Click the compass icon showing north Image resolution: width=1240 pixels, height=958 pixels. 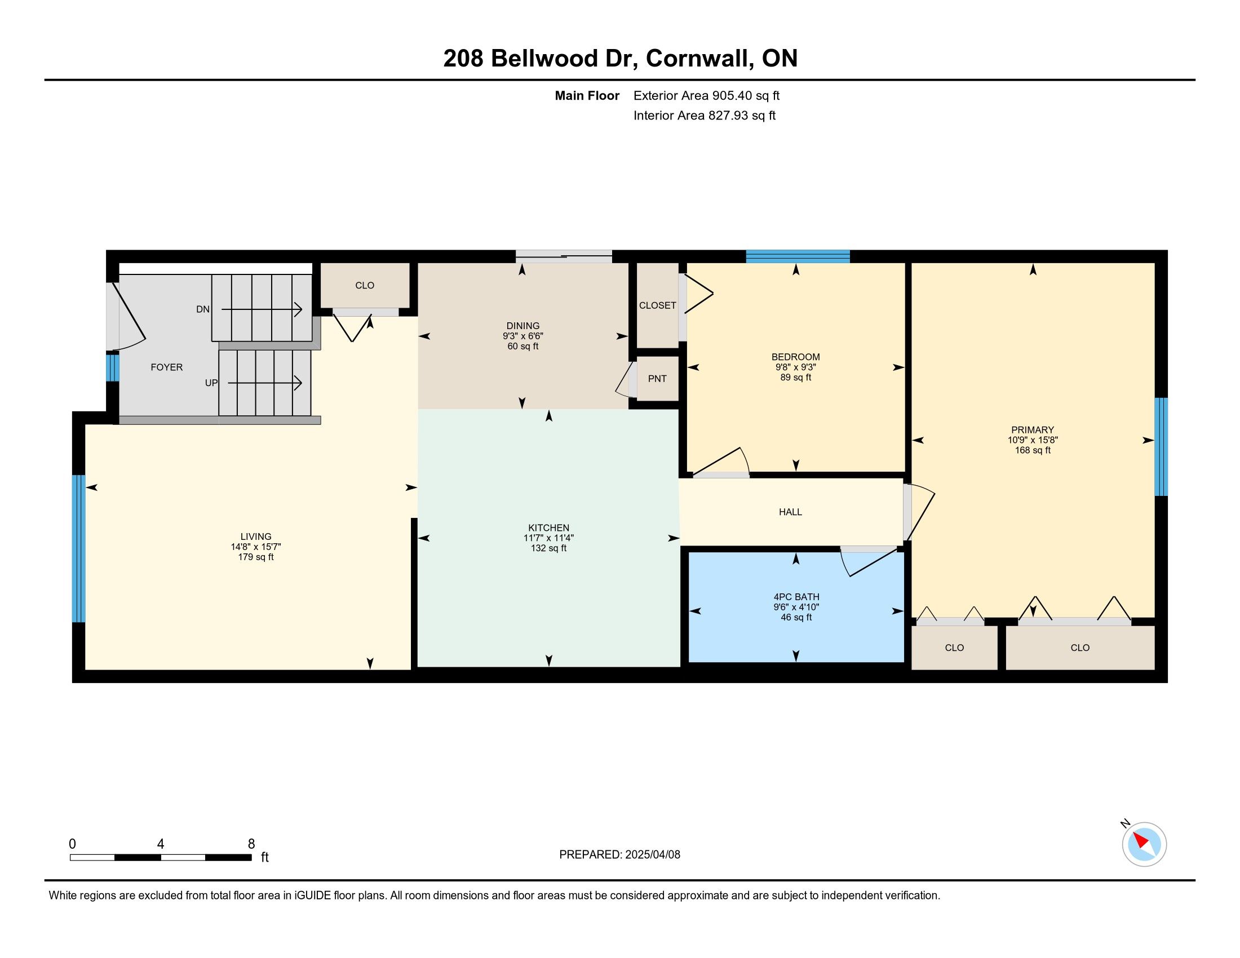coord(1144,844)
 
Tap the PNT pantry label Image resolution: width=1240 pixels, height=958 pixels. coord(657,379)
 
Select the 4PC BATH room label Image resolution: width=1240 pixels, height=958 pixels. coord(796,597)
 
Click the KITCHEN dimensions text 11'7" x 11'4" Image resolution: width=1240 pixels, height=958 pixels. coord(548,538)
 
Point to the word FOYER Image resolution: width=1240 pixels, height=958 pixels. coord(166,367)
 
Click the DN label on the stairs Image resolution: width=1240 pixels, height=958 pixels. coord(203,309)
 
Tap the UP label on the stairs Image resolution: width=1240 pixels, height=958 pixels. coord(211,383)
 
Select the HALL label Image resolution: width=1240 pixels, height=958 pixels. coord(790,512)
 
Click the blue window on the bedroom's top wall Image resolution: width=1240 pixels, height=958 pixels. coord(798,256)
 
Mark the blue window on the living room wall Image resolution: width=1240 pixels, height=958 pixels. coord(79,549)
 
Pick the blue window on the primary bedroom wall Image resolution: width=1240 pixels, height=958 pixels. coord(1161,447)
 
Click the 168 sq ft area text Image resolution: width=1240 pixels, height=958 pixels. coord(1033,450)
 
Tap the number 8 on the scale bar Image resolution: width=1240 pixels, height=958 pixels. coord(251,844)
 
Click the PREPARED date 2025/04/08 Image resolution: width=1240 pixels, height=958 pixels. coord(652,855)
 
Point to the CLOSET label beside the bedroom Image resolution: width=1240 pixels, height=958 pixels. coord(657,305)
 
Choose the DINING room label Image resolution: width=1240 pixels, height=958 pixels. coord(523,326)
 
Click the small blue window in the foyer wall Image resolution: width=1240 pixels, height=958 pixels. coord(113,368)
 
